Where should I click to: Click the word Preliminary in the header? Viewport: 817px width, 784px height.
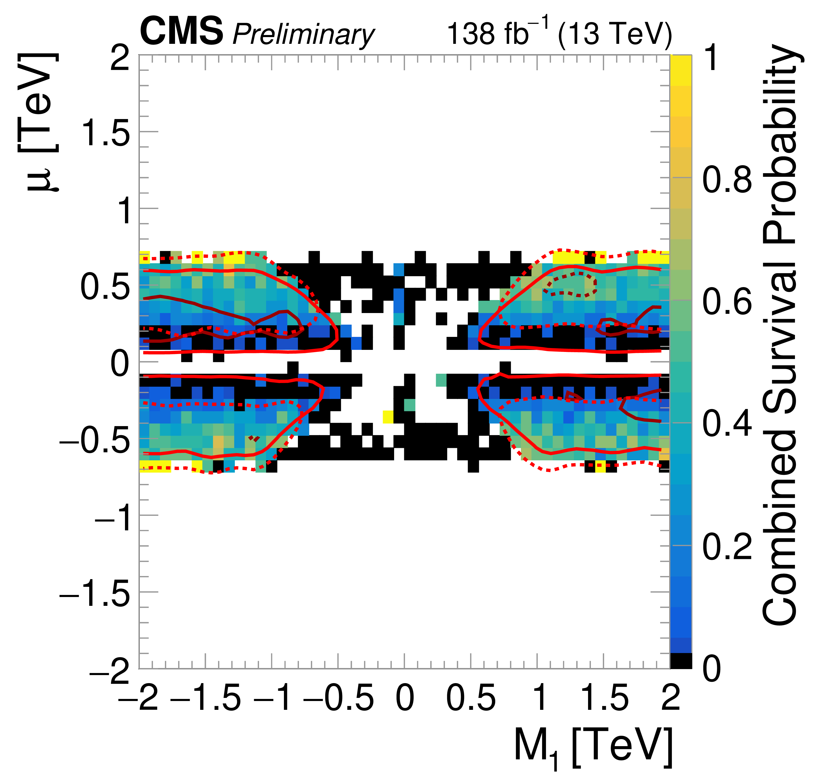[303, 34]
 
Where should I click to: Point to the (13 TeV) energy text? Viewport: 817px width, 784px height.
[615, 33]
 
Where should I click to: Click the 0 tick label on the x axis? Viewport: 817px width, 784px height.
[404, 697]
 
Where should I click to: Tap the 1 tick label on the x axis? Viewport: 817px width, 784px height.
[540, 697]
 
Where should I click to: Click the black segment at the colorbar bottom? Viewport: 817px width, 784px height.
[681, 661]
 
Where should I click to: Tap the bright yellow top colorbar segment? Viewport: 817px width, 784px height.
[681, 63]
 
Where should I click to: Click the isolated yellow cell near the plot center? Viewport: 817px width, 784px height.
[388, 416]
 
